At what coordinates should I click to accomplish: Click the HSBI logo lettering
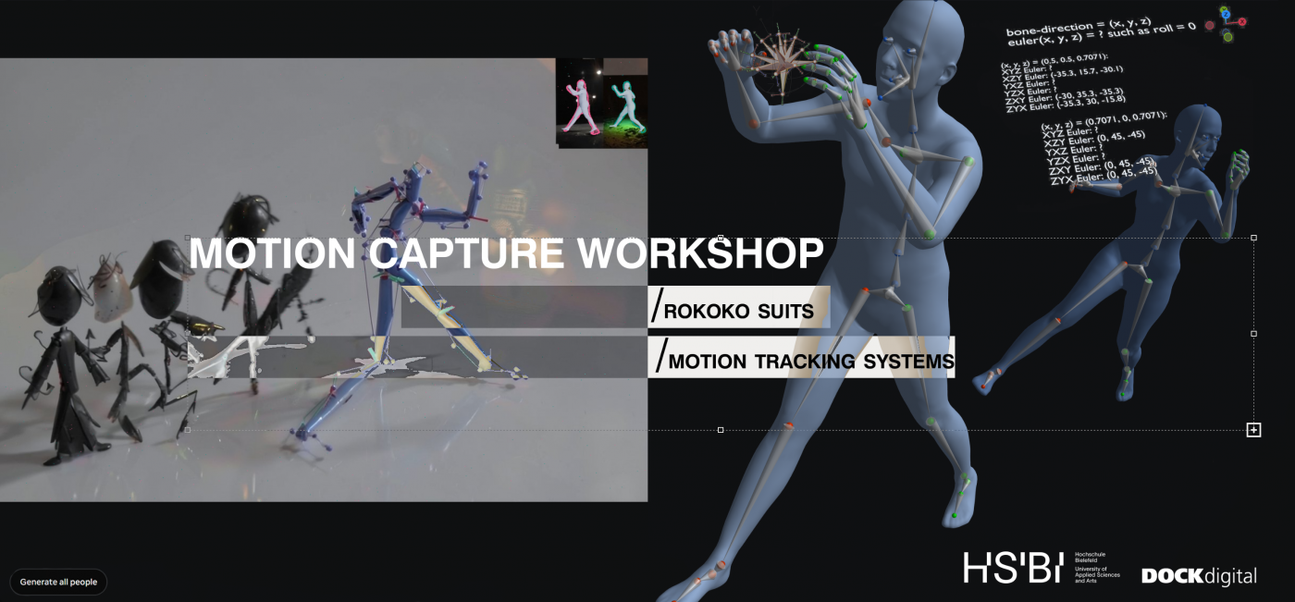coord(1013,568)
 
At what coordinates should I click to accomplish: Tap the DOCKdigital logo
coord(1199,576)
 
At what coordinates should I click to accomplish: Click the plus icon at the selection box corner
coord(1253,430)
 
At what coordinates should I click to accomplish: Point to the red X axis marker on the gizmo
coord(1242,21)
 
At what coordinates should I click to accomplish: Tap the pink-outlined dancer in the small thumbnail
coord(580,107)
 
